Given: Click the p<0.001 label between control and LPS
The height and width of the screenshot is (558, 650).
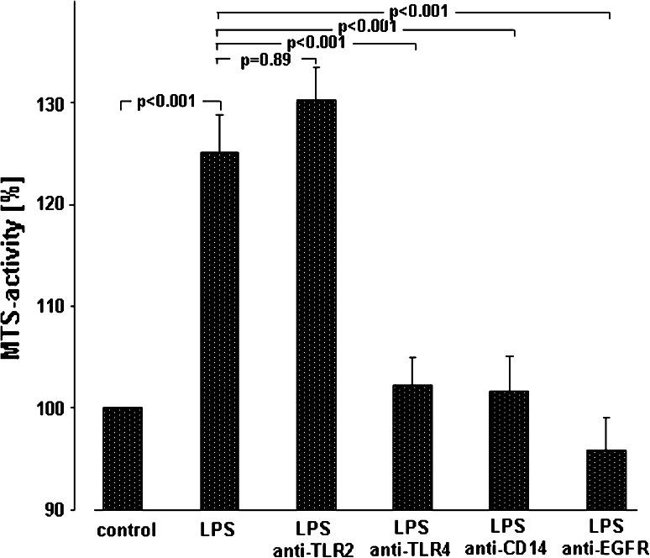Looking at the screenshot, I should pos(166,102).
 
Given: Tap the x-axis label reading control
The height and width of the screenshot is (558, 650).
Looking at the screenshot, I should pos(127,531).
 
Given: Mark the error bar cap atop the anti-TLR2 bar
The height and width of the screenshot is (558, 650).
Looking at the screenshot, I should pos(316,67).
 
